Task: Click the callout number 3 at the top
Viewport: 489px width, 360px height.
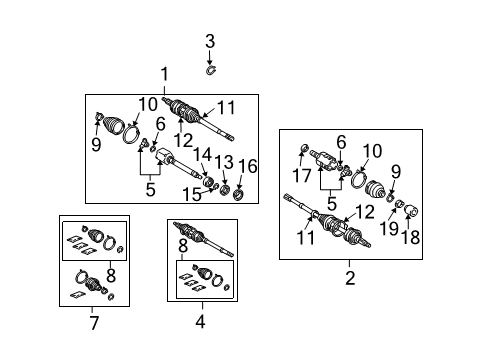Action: click(x=211, y=41)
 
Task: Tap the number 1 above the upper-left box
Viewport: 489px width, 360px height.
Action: click(x=166, y=73)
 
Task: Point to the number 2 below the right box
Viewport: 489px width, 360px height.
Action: click(x=350, y=277)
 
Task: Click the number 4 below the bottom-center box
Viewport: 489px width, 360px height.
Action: click(x=199, y=321)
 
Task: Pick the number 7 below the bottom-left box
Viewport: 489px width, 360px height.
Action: click(x=93, y=322)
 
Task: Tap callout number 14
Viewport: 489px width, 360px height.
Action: click(x=203, y=155)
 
